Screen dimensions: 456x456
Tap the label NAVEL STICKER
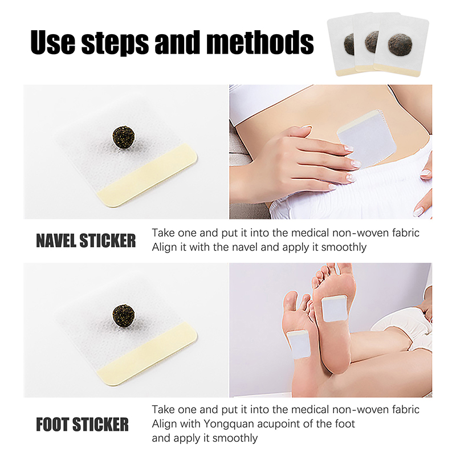[86, 241]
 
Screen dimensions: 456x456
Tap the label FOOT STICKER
[82, 424]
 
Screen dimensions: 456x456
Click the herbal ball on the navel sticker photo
[124, 136]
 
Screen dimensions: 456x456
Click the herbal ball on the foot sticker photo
[124, 315]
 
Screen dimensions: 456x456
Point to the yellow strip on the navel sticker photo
[148, 176]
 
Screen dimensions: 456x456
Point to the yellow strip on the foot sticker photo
[148, 354]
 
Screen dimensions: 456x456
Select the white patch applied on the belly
[367, 138]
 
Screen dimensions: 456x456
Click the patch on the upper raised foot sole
[335, 308]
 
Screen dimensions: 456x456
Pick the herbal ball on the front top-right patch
[400, 43]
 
